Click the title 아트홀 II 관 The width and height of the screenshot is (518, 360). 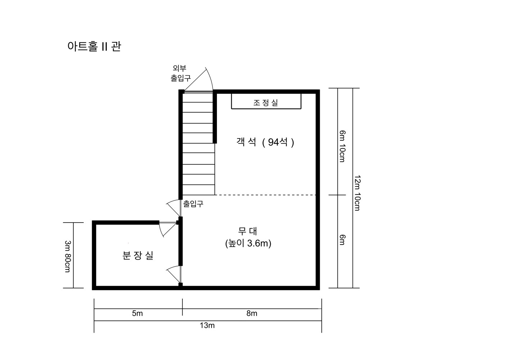click(94, 46)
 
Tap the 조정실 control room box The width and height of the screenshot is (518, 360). click(266, 101)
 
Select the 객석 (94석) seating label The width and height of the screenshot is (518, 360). click(265, 142)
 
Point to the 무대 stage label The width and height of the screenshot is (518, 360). click(247, 231)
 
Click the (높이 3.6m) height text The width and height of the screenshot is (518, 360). click(248, 243)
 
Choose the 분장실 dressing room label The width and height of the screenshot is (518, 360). click(138, 255)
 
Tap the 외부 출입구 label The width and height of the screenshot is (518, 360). click(181, 73)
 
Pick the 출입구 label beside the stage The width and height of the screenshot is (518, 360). click(193, 204)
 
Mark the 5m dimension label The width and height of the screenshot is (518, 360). click(137, 313)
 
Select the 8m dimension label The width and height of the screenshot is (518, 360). click(252, 313)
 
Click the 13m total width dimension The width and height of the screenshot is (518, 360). click(207, 325)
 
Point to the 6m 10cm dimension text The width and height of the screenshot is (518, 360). click(342, 146)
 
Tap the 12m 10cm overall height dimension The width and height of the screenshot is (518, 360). click(358, 193)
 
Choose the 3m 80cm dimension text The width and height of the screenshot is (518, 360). click(68, 256)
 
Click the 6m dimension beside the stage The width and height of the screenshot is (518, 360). click(342, 240)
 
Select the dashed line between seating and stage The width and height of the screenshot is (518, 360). click(265, 195)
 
